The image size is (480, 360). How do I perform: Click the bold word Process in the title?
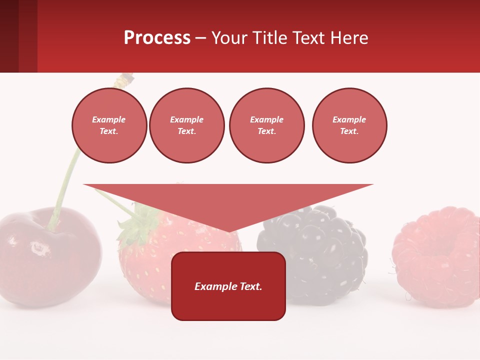tap(157, 38)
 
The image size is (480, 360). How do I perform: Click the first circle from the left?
tap(109, 125)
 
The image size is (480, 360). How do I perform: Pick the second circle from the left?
tap(187, 125)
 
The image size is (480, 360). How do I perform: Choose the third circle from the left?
tap(266, 125)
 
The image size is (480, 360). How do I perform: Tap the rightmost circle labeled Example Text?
tap(349, 125)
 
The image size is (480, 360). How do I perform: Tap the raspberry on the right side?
tap(437, 255)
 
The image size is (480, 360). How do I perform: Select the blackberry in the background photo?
tap(320, 240)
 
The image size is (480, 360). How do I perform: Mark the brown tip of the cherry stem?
tap(126, 77)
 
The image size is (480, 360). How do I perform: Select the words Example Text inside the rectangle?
tap(228, 286)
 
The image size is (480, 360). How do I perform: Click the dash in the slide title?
tap(200, 38)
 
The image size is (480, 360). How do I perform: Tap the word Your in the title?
tap(230, 38)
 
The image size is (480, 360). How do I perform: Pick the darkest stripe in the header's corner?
tap(9, 36)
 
